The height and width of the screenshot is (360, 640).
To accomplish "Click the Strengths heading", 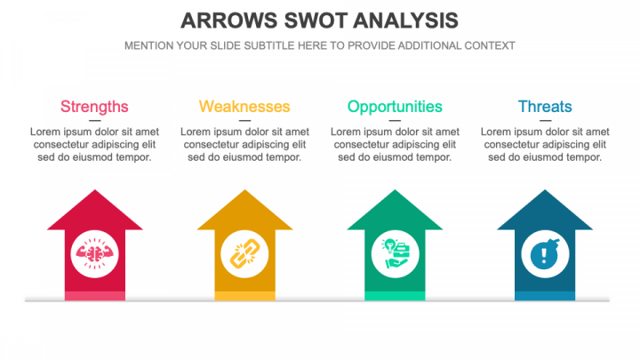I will click(x=94, y=107).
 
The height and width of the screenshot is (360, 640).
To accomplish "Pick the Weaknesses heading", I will click(x=244, y=107).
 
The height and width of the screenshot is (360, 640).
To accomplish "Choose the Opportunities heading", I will click(x=395, y=107).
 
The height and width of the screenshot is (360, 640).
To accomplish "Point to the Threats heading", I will click(x=545, y=107).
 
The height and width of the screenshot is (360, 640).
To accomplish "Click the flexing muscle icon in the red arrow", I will click(x=94, y=252).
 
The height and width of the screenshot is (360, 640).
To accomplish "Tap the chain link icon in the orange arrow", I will click(x=244, y=252).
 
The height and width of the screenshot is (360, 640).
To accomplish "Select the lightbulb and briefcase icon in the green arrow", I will click(x=395, y=252).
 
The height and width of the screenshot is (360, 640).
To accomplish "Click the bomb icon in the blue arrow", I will click(x=545, y=253).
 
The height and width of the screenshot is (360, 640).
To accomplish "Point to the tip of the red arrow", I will click(x=94, y=191).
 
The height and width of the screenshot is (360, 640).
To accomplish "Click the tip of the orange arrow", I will click(x=244, y=191).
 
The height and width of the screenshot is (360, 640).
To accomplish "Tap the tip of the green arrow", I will click(x=395, y=191).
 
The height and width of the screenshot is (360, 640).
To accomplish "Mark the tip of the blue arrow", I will click(x=545, y=191).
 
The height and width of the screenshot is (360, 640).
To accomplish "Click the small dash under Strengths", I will click(x=94, y=121).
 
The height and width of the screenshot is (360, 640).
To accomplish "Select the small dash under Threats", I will click(x=545, y=121).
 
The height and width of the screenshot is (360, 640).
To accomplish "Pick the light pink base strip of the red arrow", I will click(x=94, y=295).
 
